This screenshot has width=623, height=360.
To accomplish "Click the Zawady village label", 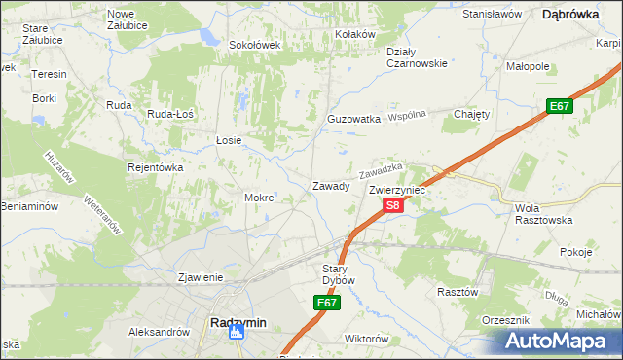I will (x=330, y=185).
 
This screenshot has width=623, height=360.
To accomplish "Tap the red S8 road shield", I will (x=392, y=205).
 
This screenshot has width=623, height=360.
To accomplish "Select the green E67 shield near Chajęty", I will (x=558, y=106).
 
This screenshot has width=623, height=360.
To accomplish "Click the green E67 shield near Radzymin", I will (x=326, y=305).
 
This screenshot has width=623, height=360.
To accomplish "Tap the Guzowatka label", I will (x=353, y=119).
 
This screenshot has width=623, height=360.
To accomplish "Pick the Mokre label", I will (x=259, y=198).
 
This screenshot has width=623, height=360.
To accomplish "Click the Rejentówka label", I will (x=156, y=167).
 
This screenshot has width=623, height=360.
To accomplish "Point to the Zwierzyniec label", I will (x=397, y=191).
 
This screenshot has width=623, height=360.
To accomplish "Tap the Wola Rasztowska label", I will (x=540, y=214).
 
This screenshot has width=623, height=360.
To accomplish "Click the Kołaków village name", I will (x=354, y=34).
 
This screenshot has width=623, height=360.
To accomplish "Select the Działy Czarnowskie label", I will (x=416, y=57).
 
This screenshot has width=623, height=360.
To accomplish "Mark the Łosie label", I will (x=229, y=140).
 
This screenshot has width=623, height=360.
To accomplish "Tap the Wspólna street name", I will (x=409, y=115).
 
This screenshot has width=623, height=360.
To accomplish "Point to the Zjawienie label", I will (x=201, y=277).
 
